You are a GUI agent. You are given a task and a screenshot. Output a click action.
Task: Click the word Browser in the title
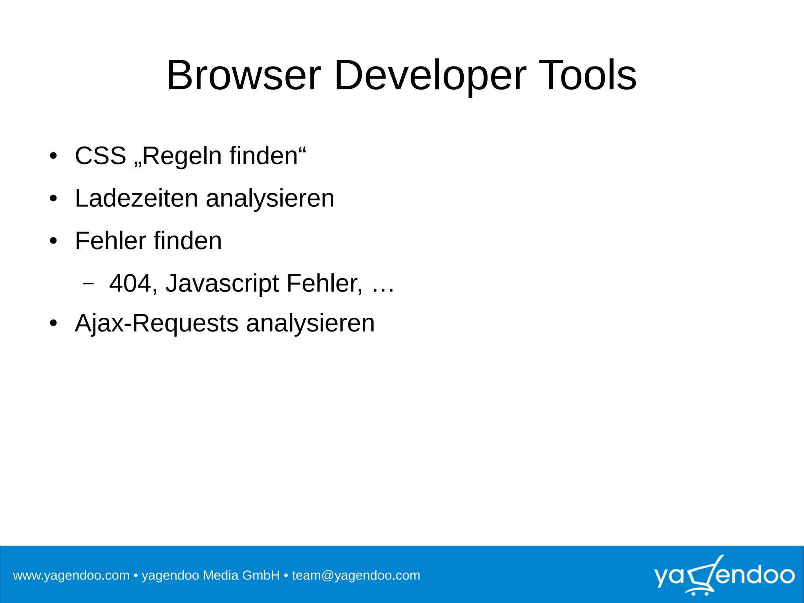[243, 75]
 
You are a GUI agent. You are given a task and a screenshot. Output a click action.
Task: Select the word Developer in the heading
[429, 76]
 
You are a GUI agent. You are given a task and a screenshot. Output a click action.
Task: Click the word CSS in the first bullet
[100, 156]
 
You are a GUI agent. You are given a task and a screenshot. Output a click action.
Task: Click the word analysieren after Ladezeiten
[270, 199]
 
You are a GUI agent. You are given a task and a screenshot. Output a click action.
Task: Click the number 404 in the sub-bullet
[130, 283]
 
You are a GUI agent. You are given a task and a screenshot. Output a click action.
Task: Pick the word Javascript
[222, 284]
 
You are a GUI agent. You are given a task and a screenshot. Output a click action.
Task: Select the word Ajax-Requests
[157, 324]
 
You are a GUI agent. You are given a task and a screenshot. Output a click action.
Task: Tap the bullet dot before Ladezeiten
[53, 199]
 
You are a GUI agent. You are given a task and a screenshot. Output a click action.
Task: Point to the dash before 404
[89, 283]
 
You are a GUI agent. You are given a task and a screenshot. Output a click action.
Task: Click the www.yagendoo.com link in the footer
[71, 576]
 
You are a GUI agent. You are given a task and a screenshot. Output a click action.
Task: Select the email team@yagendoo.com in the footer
[356, 576]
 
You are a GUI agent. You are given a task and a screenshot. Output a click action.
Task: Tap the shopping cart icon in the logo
[702, 576]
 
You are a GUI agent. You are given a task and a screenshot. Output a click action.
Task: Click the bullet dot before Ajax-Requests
[53, 324]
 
